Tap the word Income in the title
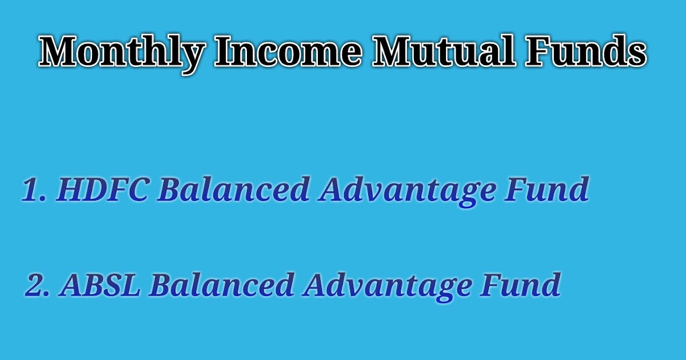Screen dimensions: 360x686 point(289,53)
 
